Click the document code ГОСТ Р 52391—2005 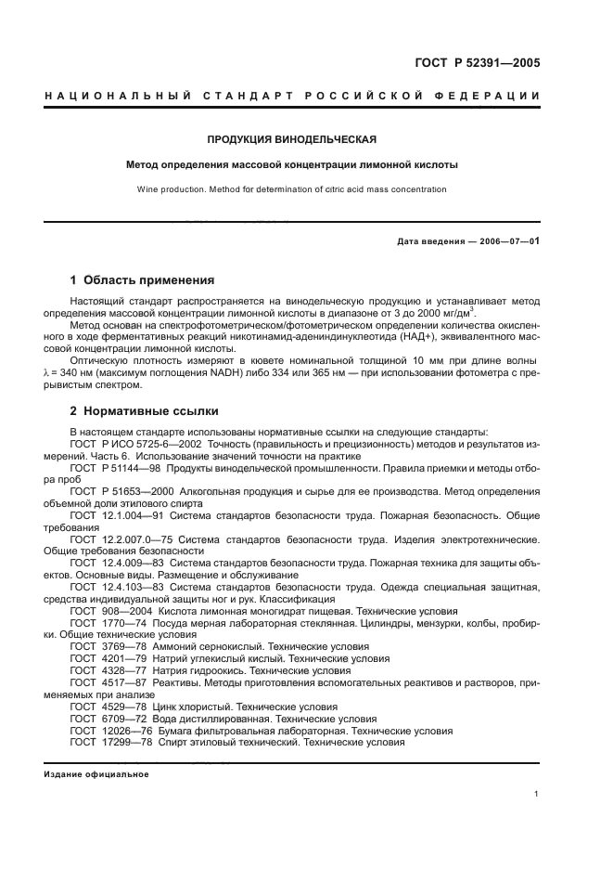pos(479,64)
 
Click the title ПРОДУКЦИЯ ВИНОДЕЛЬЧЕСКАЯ pos(292,140)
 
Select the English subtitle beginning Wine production pos(292,189)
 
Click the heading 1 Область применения pos(143,279)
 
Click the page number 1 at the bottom pos(537,794)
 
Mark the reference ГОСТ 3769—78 pos(103,647)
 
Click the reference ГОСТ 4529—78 pos(103,707)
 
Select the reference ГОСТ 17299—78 pos(106,743)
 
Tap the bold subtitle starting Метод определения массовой pos(292,165)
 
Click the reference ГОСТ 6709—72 pos(103,719)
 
